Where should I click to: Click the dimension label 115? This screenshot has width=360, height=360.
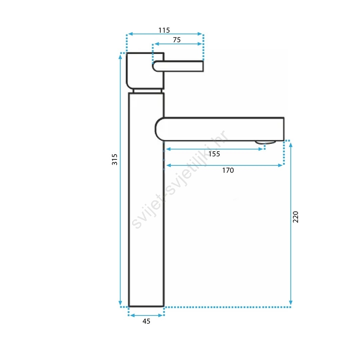click(x=164, y=30)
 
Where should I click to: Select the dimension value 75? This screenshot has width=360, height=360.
click(x=177, y=40)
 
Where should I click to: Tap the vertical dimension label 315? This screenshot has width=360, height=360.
click(x=115, y=160)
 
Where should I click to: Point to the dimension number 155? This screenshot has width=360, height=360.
click(x=214, y=154)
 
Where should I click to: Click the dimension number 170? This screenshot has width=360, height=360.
click(x=228, y=170)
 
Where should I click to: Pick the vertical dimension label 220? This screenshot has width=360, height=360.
click(x=295, y=217)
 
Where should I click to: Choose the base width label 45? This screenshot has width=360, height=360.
click(x=146, y=321)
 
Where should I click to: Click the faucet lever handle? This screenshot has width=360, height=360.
click(x=178, y=66)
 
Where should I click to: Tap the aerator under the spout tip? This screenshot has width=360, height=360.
click(x=265, y=142)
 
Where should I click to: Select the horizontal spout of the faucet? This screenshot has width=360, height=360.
click(x=220, y=129)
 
